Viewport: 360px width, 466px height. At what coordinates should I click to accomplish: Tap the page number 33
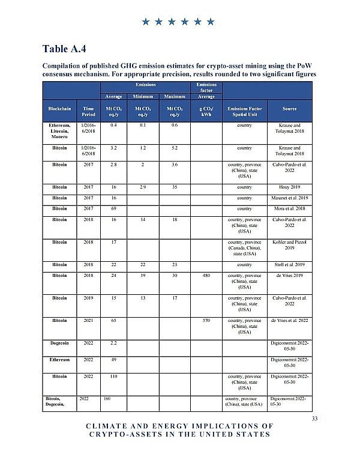(314, 419)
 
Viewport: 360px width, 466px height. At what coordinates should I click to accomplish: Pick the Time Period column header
(88, 111)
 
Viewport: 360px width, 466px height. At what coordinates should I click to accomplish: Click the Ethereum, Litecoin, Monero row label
(59, 131)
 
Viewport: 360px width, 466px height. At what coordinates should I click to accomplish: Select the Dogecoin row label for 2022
(59, 343)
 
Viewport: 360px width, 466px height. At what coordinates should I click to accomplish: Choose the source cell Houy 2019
(289, 187)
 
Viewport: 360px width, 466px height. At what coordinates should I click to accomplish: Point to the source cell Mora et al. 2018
(289, 208)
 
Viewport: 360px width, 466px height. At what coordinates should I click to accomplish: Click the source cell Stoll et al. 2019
(289, 264)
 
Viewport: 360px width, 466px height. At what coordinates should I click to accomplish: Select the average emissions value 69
(113, 208)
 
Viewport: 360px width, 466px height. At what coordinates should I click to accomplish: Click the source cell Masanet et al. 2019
(289, 198)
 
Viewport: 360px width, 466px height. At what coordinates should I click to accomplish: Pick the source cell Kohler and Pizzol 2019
(289, 245)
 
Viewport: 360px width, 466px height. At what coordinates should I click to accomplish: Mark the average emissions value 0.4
(113, 125)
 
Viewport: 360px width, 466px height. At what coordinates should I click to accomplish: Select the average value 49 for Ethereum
(113, 360)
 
